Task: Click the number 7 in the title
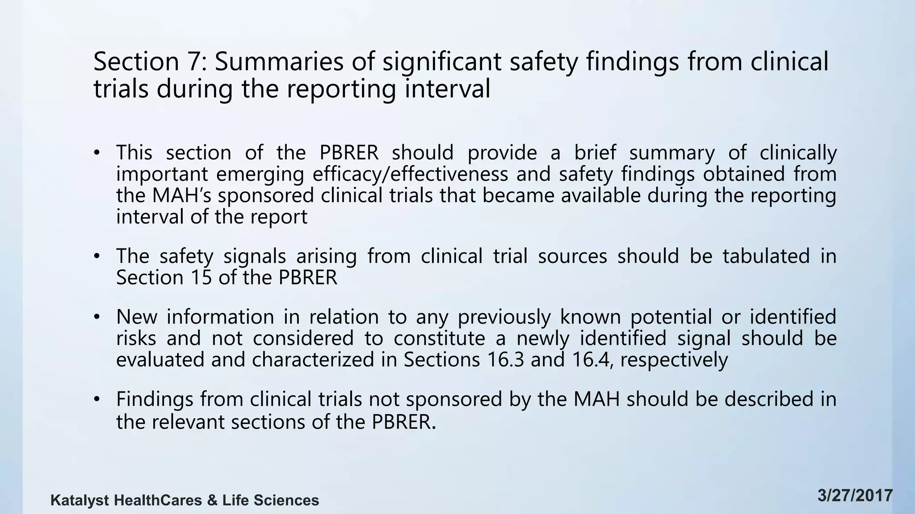(x=194, y=62)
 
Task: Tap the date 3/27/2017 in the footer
(x=855, y=496)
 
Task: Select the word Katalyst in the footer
(x=80, y=500)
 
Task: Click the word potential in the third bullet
(x=671, y=317)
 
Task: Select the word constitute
(x=439, y=338)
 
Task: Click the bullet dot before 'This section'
(x=96, y=153)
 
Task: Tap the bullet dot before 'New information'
(x=96, y=317)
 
